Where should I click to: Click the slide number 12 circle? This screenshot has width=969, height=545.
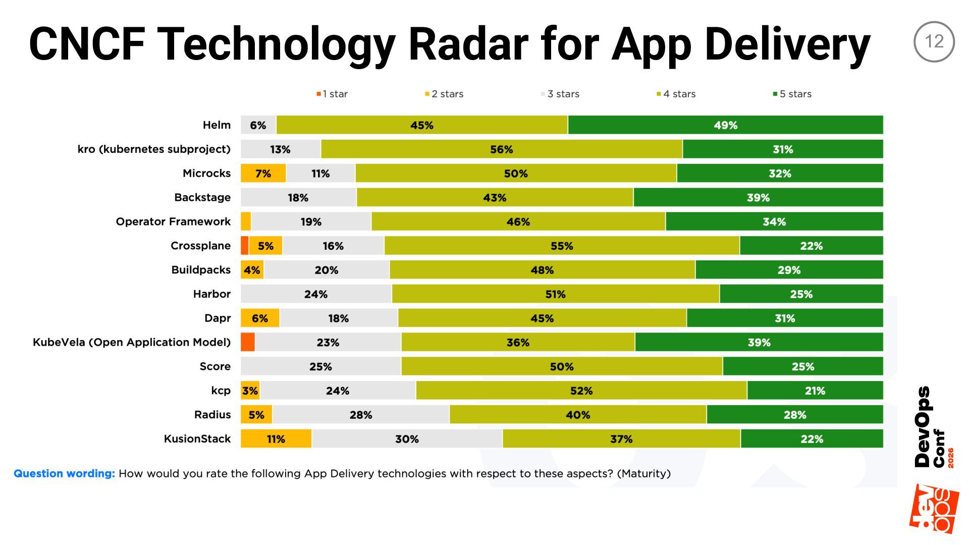tap(934, 41)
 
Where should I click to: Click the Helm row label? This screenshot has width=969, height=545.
tap(217, 125)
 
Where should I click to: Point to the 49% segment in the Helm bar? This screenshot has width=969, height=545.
tap(725, 125)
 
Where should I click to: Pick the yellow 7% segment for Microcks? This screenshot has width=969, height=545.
tap(263, 174)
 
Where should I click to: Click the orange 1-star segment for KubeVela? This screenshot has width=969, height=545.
tap(248, 342)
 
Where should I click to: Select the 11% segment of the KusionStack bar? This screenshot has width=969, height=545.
tap(276, 439)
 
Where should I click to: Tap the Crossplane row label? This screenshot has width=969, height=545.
tap(200, 246)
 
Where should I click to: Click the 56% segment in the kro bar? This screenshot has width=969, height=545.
tap(501, 149)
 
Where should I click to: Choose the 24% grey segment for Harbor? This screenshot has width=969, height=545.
tap(316, 294)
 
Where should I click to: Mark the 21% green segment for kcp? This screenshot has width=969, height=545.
tap(815, 391)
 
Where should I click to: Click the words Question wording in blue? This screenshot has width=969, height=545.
tap(64, 473)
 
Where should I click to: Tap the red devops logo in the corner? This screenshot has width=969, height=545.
tap(934, 509)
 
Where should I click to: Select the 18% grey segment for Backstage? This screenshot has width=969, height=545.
tap(298, 198)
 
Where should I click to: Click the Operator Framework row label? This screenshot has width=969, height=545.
tap(173, 222)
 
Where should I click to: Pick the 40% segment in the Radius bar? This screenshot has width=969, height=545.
tap(577, 415)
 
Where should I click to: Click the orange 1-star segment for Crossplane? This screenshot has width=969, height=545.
tap(245, 246)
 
